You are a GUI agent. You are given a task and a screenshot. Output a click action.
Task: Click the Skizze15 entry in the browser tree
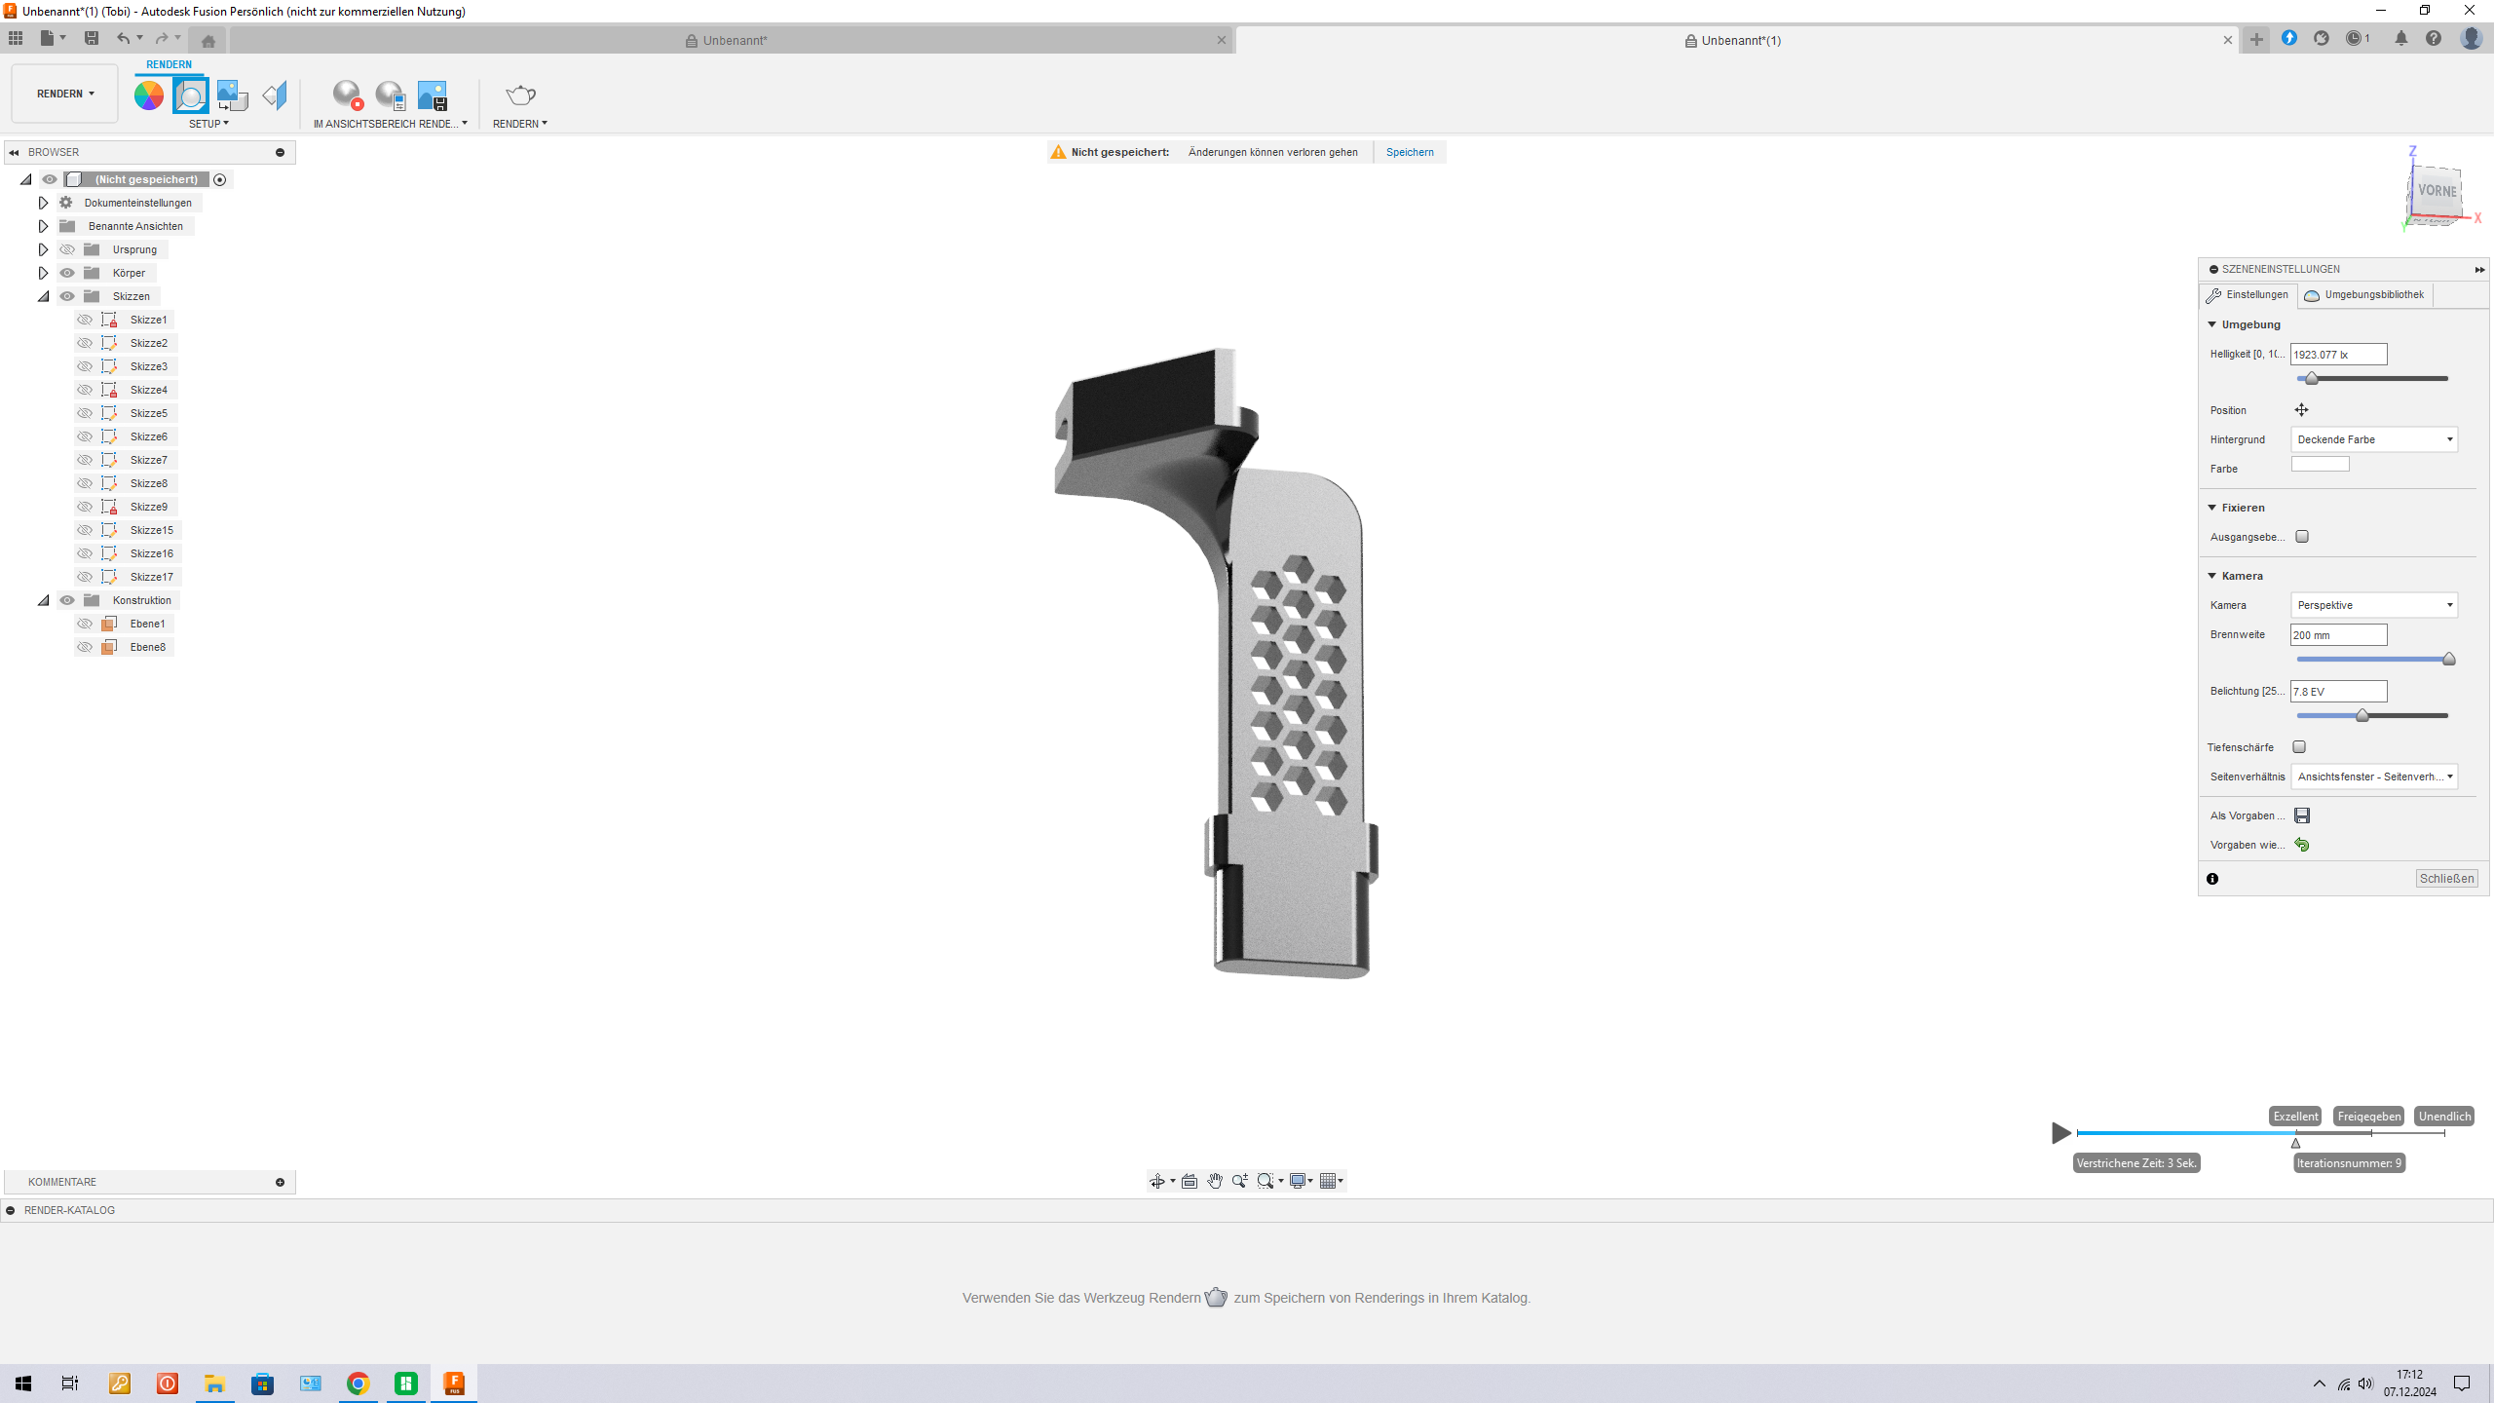[151, 530]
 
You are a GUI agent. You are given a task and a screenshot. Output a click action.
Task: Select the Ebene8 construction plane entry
[147, 647]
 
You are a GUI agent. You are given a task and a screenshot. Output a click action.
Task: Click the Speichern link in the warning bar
[1409, 152]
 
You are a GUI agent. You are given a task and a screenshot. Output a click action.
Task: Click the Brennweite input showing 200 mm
[2337, 635]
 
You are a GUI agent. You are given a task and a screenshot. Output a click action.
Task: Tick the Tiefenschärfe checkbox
[2299, 747]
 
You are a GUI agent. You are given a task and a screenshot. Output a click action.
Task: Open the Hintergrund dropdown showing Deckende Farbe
[2373, 439]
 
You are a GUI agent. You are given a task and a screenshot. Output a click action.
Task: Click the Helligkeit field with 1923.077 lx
[2337, 355]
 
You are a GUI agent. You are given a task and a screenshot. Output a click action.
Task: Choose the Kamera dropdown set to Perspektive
[2373, 605]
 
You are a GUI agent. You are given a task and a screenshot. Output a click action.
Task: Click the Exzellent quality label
[2295, 1117]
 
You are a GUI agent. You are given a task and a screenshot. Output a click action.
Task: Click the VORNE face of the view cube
[2437, 192]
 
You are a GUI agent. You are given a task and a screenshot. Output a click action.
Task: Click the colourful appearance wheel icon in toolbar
[149, 95]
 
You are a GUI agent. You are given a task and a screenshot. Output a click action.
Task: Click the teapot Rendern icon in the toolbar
[520, 95]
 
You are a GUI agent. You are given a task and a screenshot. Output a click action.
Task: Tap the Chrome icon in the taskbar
[359, 1384]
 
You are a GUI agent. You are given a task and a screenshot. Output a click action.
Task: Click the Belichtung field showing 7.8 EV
[2337, 692]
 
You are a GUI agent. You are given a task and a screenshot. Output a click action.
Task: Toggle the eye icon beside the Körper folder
[67, 273]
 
